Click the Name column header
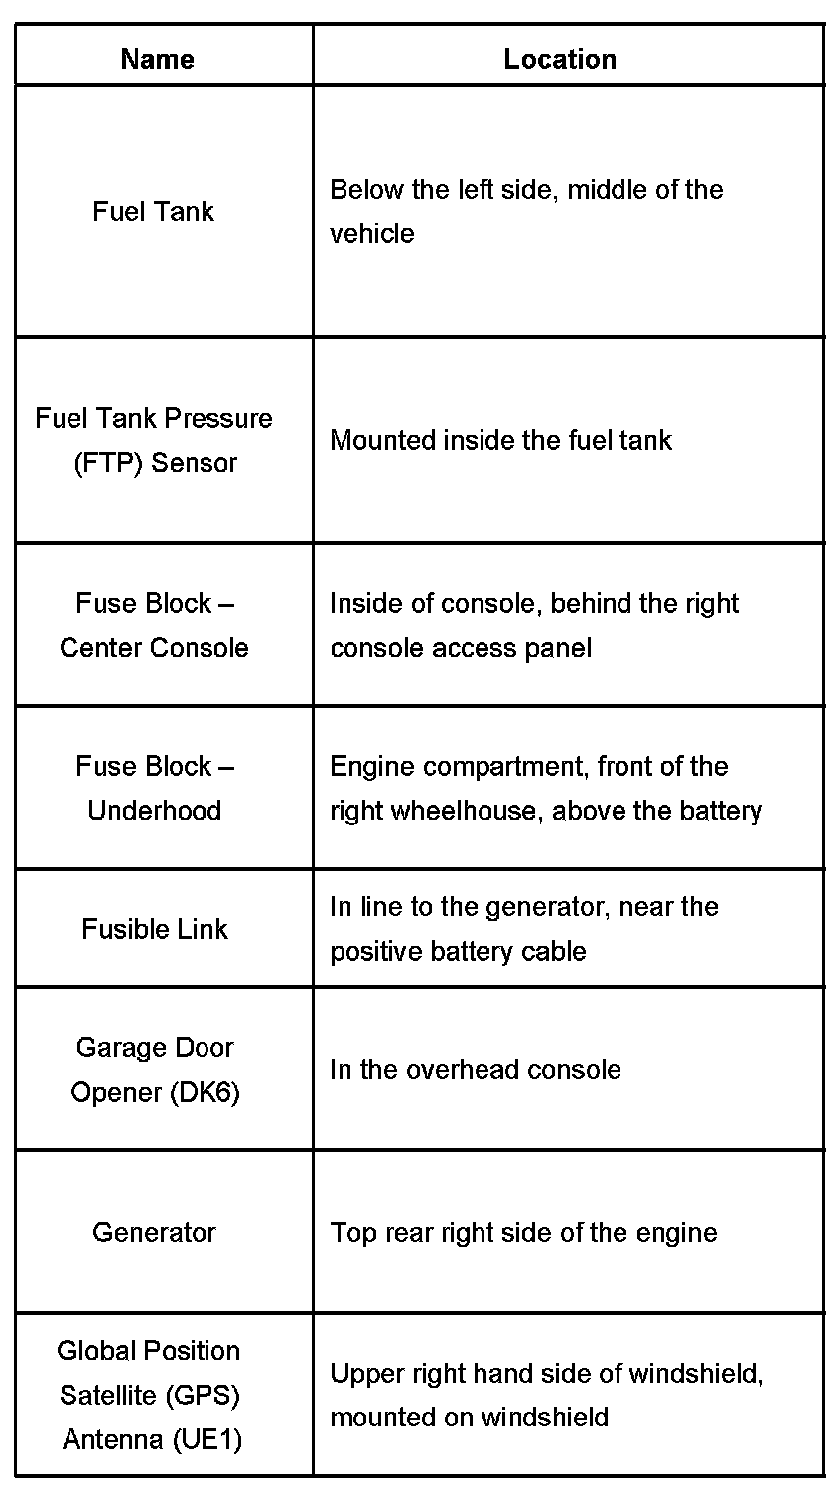click(158, 59)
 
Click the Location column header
click(560, 59)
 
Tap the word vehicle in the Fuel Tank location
click(372, 234)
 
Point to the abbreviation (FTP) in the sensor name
click(107, 463)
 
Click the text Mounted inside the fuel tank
click(501, 440)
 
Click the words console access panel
click(461, 648)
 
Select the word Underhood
click(154, 811)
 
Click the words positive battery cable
click(459, 951)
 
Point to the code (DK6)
click(205, 1092)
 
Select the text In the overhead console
click(476, 1069)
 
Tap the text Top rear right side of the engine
click(524, 1233)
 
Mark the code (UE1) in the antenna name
click(207, 1439)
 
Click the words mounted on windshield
click(470, 1418)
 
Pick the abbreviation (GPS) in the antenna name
click(203, 1395)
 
